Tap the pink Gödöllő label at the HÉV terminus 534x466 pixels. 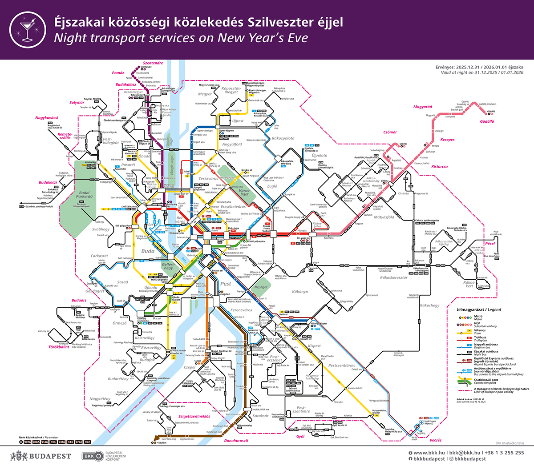(487, 121)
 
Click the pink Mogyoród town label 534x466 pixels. (423, 107)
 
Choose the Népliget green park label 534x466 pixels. (261, 287)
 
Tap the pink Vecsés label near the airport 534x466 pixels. (436, 440)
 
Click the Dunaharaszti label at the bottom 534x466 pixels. (236, 441)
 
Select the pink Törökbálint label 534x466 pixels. (59, 347)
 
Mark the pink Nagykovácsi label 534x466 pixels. (47, 118)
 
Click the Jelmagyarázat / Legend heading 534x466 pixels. (478, 309)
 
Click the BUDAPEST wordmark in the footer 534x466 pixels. (50, 456)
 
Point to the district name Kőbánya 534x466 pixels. (300, 292)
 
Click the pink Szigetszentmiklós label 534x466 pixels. (191, 416)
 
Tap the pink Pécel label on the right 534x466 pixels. (490, 244)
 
